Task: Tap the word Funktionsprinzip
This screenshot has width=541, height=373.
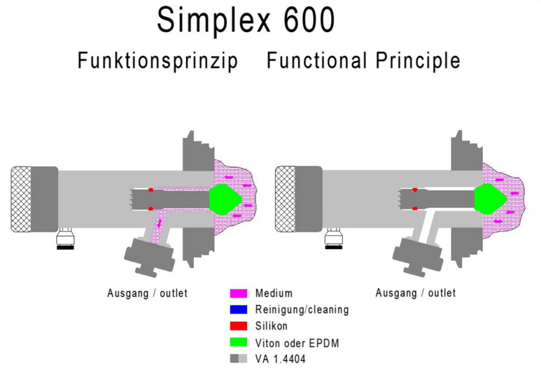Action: coord(157,61)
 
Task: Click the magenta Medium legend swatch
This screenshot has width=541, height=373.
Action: coord(239,293)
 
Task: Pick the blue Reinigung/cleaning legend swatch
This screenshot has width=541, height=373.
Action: coord(239,309)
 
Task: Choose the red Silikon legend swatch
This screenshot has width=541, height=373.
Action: coord(239,326)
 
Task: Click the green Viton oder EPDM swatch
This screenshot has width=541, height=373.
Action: coord(239,342)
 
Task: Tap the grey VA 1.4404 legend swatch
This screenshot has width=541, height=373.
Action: coord(239,358)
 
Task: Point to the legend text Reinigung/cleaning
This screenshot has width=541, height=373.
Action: coord(302,309)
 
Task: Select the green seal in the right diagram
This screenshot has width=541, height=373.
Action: coord(491,199)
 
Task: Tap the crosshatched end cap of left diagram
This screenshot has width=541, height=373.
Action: coord(20,199)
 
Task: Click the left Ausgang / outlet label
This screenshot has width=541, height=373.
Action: coord(147,293)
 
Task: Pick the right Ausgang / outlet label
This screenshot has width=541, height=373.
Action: coord(416,293)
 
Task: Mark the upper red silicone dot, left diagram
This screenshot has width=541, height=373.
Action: coord(150,190)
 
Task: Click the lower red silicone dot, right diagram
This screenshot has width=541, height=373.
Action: coord(415,209)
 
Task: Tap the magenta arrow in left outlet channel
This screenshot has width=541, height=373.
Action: coord(160,223)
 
